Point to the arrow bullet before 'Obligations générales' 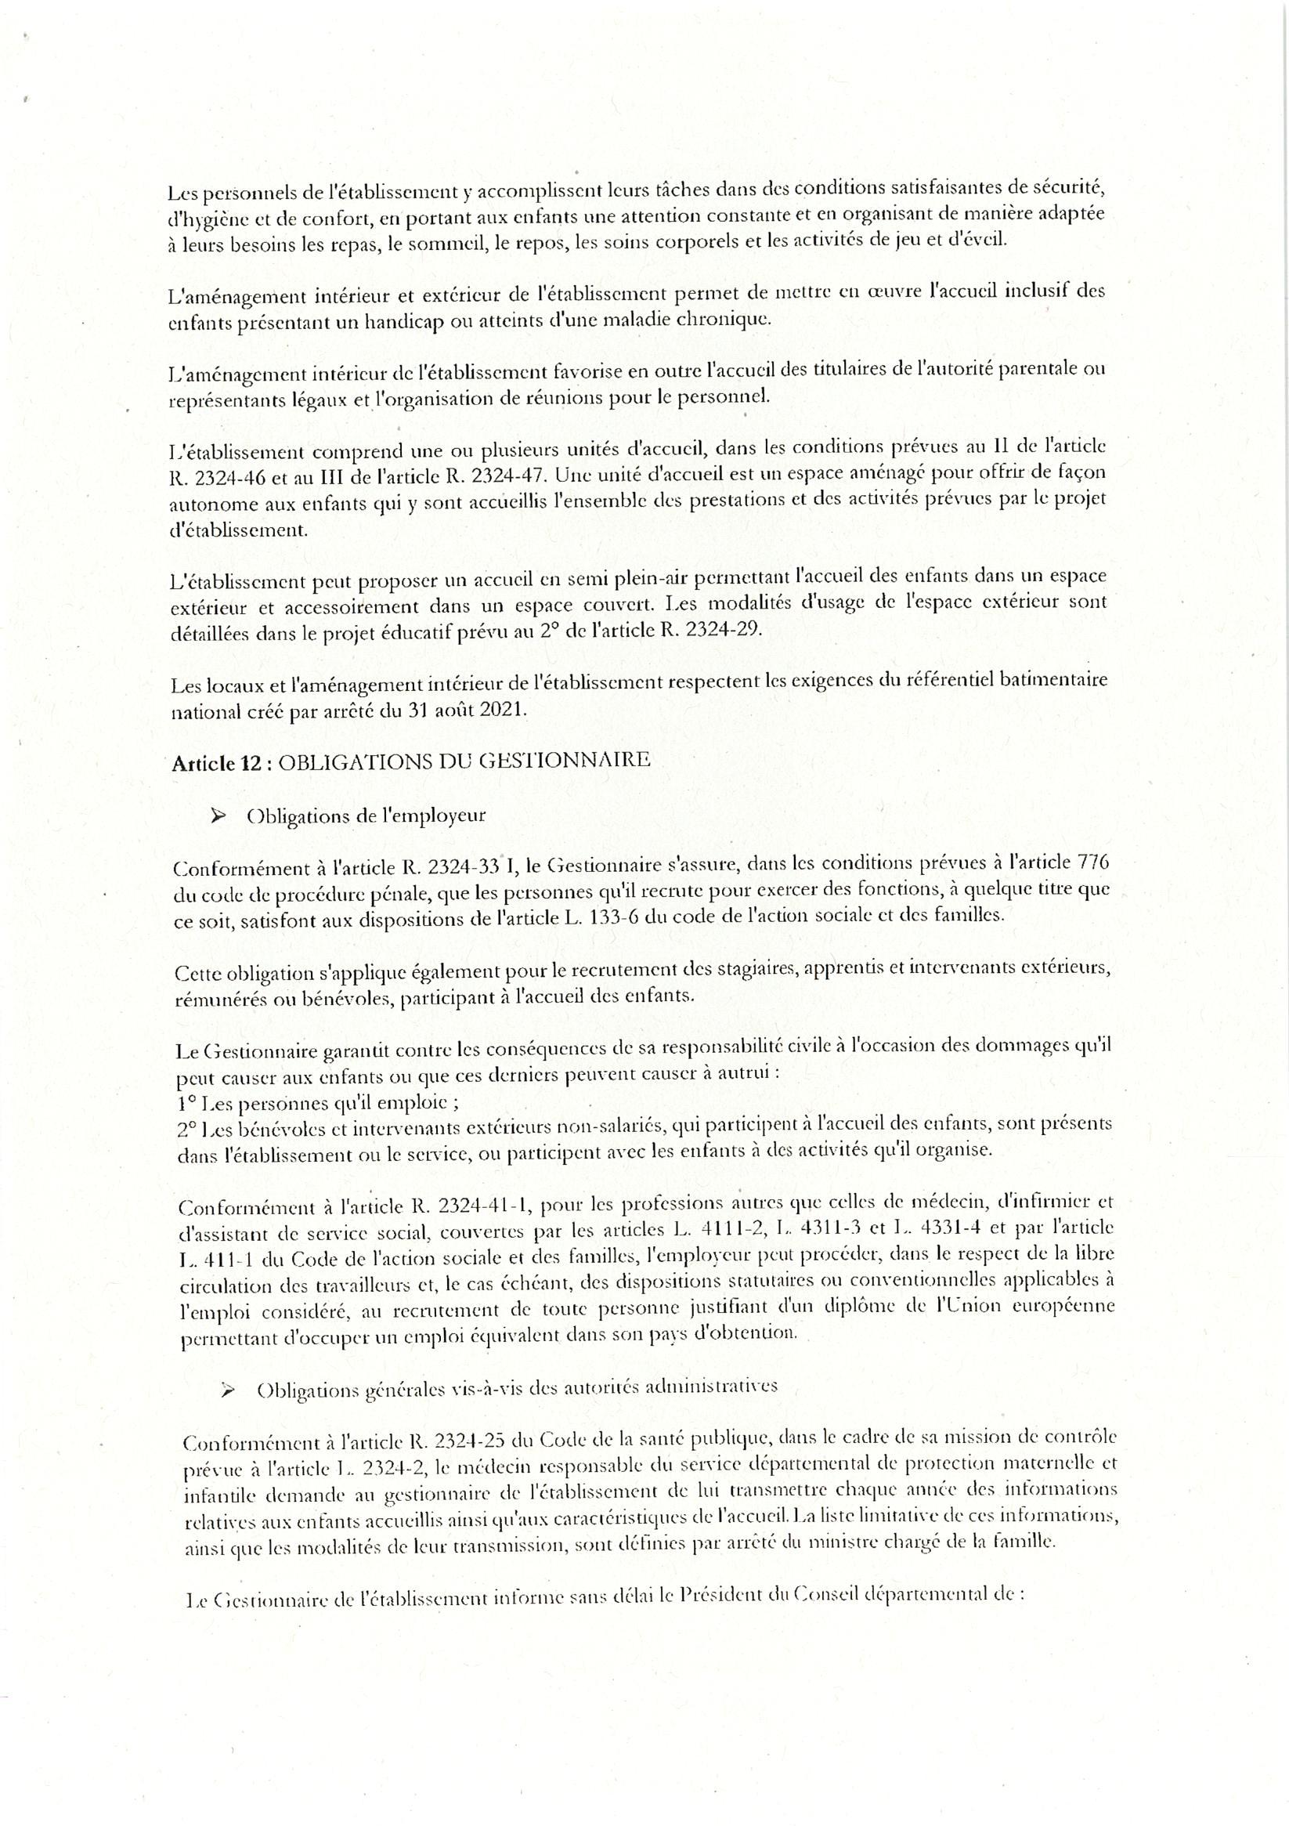pyautogui.click(x=229, y=1390)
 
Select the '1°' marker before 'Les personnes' pyautogui.click(x=188, y=1104)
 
